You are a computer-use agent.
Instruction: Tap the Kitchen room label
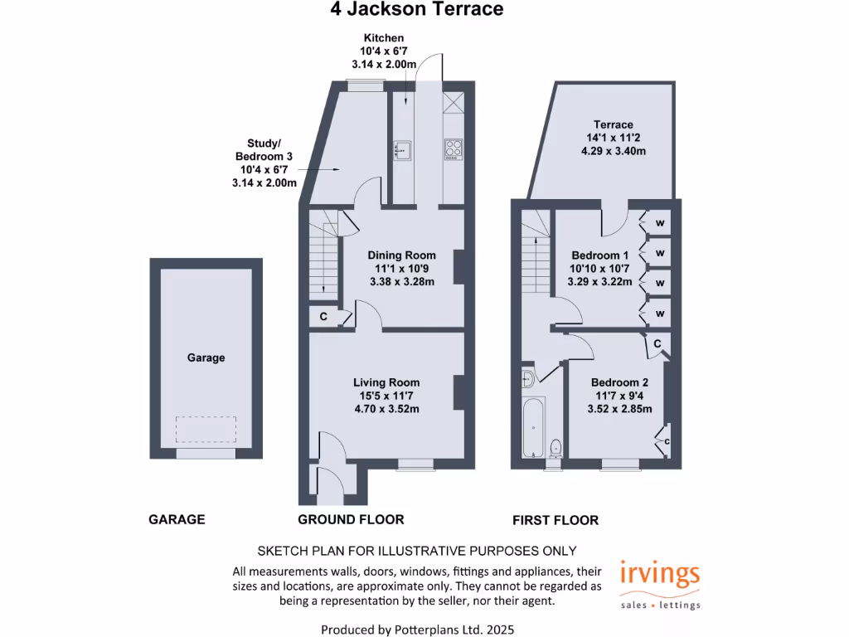[383, 38]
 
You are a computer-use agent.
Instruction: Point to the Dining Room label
[401, 255]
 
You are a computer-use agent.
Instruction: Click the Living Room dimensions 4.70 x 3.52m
[386, 408]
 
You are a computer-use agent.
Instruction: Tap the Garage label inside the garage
[206, 358]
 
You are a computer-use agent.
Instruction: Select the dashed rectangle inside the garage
[206, 430]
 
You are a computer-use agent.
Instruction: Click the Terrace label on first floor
[613, 124]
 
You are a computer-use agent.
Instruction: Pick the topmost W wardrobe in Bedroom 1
[660, 223]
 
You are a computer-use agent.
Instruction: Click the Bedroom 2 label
[619, 382]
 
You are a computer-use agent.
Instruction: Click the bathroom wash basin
[528, 380]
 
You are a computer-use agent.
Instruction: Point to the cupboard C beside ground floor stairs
[323, 317]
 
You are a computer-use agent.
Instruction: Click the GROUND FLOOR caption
[351, 519]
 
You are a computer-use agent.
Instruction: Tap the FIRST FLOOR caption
[555, 520]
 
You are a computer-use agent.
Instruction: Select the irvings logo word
[660, 574]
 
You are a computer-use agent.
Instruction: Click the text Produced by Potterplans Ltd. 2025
[417, 630]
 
